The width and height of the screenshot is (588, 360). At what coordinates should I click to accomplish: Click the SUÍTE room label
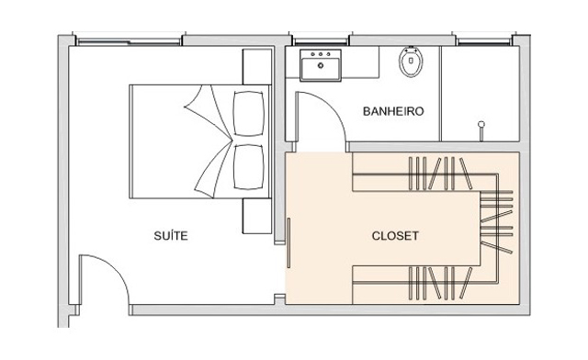[x=171, y=235]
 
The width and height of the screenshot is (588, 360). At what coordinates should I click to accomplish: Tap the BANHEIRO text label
[x=393, y=111]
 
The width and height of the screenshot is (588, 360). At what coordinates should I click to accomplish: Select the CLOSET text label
[x=395, y=235]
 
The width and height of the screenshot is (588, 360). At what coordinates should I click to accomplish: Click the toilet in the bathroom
[x=411, y=62]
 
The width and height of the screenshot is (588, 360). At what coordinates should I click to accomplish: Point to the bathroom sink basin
[x=321, y=65]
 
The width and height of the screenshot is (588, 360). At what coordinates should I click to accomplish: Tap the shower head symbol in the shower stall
[x=481, y=130]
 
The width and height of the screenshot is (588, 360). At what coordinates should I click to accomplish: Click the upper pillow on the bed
[x=248, y=113]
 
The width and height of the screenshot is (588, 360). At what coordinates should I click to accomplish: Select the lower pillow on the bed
[x=248, y=166]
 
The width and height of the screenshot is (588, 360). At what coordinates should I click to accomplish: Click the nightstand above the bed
[x=257, y=67]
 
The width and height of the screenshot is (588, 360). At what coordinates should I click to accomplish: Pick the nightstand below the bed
[x=257, y=216]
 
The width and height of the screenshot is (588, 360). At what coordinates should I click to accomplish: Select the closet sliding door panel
[x=288, y=243]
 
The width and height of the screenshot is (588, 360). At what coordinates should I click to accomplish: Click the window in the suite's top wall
[x=129, y=41]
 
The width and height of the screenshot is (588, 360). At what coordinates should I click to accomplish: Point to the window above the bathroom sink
[x=321, y=41]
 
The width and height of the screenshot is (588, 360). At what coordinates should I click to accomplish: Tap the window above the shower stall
[x=484, y=41]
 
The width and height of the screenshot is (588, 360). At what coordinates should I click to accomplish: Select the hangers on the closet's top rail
[x=440, y=174]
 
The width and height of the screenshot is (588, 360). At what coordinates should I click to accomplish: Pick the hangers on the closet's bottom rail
[x=440, y=283]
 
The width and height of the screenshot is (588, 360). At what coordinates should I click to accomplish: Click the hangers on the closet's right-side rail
[x=496, y=221]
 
